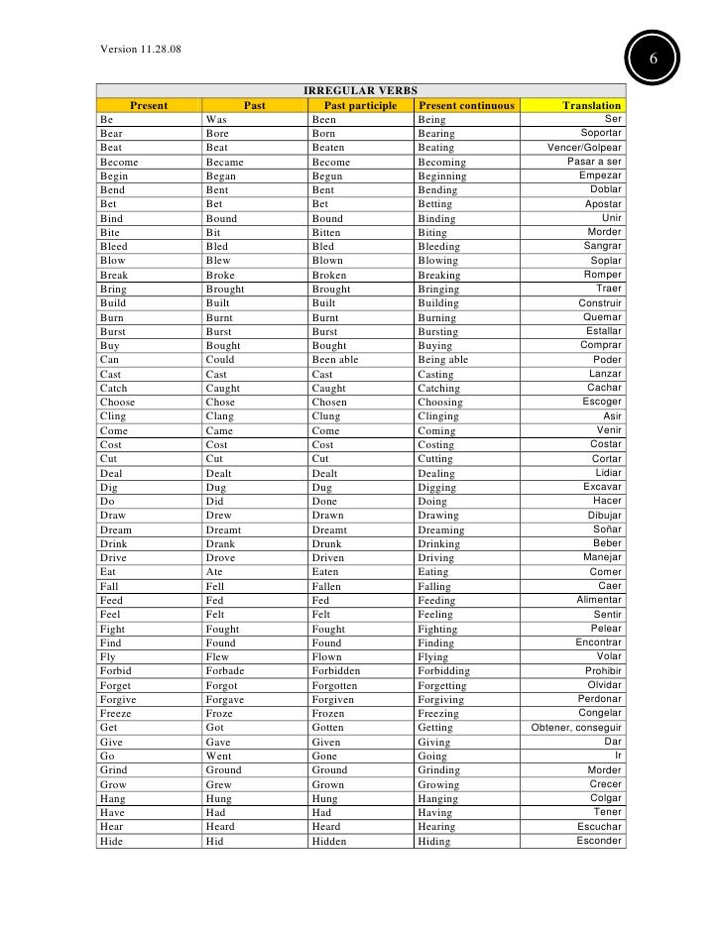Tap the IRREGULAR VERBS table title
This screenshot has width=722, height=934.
360,90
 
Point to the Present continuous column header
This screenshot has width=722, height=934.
466,105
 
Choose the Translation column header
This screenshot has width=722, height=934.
592,105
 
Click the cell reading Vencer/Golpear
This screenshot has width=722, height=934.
585,148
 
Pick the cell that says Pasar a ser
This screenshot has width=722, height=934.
594,162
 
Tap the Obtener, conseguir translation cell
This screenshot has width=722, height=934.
577,728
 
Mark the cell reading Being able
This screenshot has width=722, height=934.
442,360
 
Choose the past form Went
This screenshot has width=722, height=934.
219,756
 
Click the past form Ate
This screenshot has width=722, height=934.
214,572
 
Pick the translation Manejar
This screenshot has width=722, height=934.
603,557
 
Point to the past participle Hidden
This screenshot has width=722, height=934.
331,841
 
